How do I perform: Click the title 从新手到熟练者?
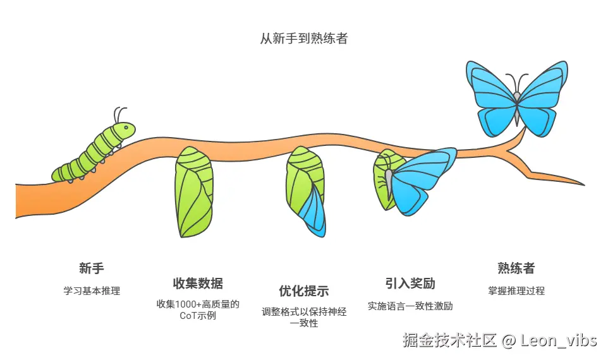click(304, 39)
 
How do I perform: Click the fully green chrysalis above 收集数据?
click(193, 192)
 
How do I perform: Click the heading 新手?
click(92, 268)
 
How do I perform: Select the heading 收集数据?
click(198, 282)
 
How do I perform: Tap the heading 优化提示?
click(304, 291)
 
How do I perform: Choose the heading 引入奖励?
click(410, 282)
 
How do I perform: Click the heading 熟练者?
click(516, 268)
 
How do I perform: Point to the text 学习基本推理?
click(92, 291)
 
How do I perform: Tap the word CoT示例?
click(198, 315)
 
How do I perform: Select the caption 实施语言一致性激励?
click(410, 306)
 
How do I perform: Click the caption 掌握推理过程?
click(516, 291)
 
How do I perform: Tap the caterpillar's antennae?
click(118, 114)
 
